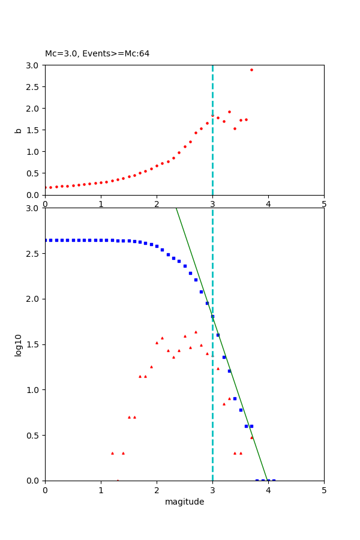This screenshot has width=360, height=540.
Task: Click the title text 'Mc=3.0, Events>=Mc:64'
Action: (97, 54)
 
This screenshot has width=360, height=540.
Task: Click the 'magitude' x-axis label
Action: (184, 502)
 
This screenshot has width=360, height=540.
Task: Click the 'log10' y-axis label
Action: (18, 344)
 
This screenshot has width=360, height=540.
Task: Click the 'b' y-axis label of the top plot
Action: (18, 130)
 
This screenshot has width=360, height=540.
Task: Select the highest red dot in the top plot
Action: (251, 70)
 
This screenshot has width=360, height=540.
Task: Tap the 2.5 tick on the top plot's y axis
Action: (33, 87)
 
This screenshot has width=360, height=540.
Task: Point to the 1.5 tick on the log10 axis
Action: (33, 344)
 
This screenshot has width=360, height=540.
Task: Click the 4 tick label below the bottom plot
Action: (268, 491)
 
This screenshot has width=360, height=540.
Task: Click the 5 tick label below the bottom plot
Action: (324, 491)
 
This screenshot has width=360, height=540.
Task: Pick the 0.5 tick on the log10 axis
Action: (33, 435)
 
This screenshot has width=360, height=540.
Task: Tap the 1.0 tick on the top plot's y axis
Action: (33, 152)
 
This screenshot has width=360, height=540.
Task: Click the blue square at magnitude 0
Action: (46, 240)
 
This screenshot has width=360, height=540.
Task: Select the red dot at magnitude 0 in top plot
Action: (46, 187)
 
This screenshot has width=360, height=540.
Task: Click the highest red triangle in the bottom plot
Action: (196, 332)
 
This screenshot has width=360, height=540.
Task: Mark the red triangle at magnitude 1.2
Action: (112, 453)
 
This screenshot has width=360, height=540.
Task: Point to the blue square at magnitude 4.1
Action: (274, 480)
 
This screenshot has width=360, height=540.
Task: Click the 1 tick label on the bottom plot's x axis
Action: (101, 491)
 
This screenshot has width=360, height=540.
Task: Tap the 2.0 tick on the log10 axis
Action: (33, 299)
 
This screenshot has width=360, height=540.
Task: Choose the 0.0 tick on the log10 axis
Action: (33, 481)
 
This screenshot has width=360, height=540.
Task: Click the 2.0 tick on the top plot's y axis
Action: (33, 109)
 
